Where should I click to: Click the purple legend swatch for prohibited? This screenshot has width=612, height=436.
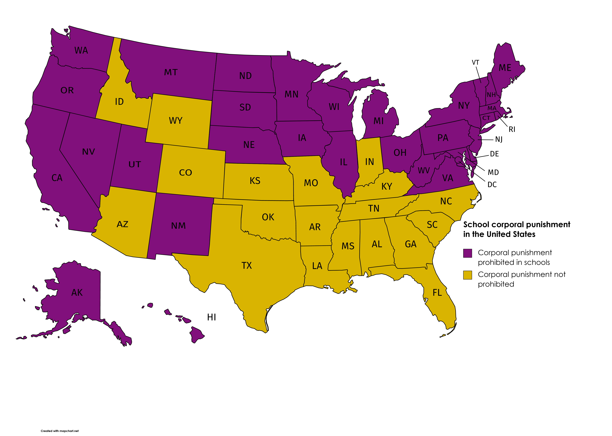467,253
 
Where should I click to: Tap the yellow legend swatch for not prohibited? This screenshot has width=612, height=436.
467,275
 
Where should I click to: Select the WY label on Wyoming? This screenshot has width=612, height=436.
176,121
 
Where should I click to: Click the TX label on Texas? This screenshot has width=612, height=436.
246,266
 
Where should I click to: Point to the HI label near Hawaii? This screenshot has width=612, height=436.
212,317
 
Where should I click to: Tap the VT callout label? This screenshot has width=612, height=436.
475,63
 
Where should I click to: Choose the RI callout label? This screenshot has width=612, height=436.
512,129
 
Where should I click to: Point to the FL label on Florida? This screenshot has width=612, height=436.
437,293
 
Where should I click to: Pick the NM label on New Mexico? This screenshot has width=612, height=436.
178,226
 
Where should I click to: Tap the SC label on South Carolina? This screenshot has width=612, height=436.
432,225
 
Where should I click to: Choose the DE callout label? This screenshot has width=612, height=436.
494,154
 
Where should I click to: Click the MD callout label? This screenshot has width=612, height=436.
493,172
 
